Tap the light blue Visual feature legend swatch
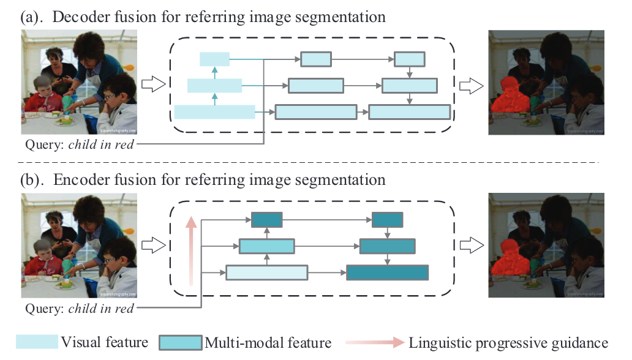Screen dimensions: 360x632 (37, 342)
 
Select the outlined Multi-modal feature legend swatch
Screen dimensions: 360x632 (180, 342)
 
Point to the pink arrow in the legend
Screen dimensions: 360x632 (374, 342)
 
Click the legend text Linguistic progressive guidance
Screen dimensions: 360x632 (508, 342)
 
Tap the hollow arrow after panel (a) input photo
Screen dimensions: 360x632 (154, 84)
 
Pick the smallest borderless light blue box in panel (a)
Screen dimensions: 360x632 (214, 59)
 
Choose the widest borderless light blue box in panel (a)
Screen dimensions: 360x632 (214, 111)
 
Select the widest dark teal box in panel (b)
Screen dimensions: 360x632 (387, 272)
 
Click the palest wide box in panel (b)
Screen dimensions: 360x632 (266, 272)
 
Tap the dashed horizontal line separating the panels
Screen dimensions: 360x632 (306, 162)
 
